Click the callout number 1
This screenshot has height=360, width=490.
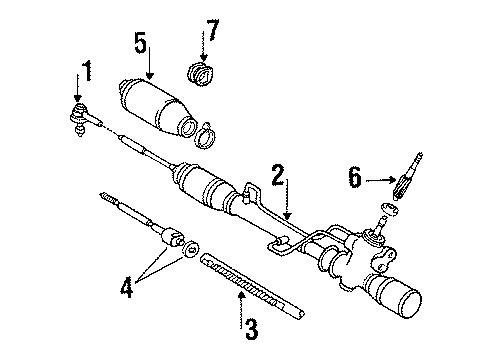pos(88,71)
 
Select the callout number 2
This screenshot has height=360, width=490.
pos(278,175)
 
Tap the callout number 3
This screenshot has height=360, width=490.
pos(252,329)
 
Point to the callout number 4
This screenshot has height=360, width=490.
pos(127,287)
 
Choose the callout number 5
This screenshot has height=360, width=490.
pos(141,42)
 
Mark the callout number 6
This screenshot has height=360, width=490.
pos(355,177)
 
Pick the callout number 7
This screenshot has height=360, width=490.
pos(213,30)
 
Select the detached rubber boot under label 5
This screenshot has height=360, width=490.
pos(157,107)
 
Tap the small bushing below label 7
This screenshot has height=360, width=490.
pos(200,74)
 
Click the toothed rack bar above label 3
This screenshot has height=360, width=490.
pos(252,285)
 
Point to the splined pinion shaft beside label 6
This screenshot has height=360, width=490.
pos(407,176)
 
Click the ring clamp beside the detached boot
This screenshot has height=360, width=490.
pos(205,136)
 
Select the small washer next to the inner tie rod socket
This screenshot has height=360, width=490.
pos(191,249)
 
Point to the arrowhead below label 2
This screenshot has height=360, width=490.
pos(288,215)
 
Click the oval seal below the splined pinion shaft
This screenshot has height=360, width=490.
pos(390,209)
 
